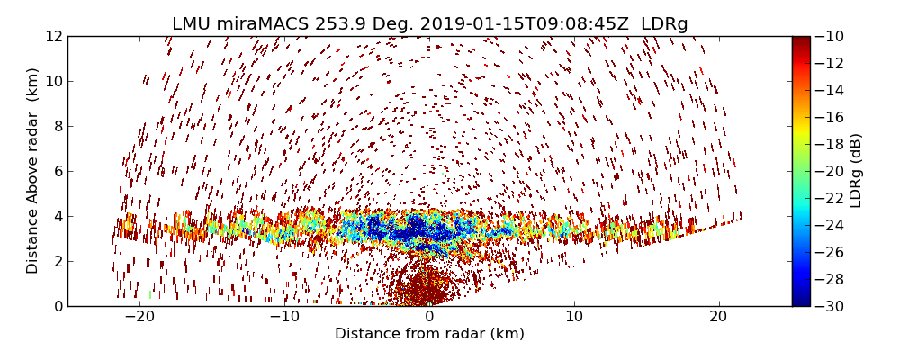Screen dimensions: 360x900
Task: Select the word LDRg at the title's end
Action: [663, 24]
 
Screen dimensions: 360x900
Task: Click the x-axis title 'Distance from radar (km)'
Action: [429, 334]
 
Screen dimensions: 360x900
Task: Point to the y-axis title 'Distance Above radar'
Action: [33, 171]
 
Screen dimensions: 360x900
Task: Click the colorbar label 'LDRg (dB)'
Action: [856, 171]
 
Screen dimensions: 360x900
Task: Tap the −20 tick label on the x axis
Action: [139, 317]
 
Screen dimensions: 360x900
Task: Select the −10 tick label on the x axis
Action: [284, 317]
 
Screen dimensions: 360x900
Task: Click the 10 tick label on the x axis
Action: [574, 317]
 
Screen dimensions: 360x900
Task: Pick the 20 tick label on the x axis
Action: [718, 317]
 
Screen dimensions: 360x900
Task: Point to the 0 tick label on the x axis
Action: [429, 317]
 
